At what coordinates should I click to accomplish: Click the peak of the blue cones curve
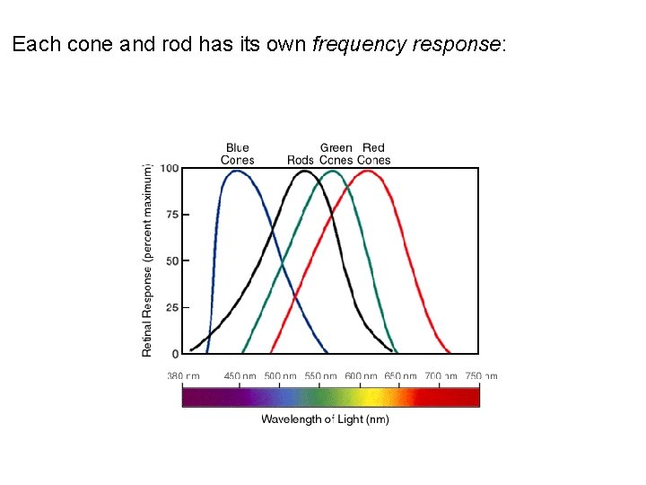(x=237, y=171)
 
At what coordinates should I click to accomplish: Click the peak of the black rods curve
(x=304, y=171)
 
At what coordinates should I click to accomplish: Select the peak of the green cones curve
(x=334, y=171)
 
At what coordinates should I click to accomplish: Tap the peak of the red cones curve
(x=368, y=171)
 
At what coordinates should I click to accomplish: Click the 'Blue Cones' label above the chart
(x=238, y=154)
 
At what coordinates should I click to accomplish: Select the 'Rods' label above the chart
(x=301, y=160)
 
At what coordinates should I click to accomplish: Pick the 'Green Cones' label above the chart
(x=336, y=154)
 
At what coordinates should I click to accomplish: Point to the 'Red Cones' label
(x=373, y=154)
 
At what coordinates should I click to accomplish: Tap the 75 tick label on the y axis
(x=171, y=215)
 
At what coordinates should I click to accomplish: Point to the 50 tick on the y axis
(x=171, y=260)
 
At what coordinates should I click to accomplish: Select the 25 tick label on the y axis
(x=171, y=307)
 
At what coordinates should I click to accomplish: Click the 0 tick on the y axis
(x=175, y=354)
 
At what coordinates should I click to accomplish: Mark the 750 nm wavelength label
(x=480, y=376)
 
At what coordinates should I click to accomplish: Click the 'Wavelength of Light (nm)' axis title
(x=325, y=419)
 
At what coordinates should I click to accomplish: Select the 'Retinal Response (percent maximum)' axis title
(x=147, y=260)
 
